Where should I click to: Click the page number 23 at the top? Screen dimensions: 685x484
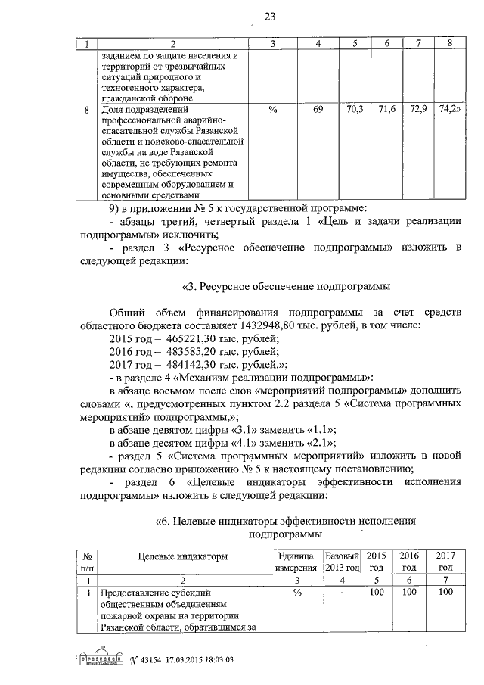248,16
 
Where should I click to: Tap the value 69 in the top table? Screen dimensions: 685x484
318,111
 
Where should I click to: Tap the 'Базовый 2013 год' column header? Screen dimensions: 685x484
342,562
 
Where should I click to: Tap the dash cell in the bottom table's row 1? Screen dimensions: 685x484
342,593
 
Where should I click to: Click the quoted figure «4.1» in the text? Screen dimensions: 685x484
241,442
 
